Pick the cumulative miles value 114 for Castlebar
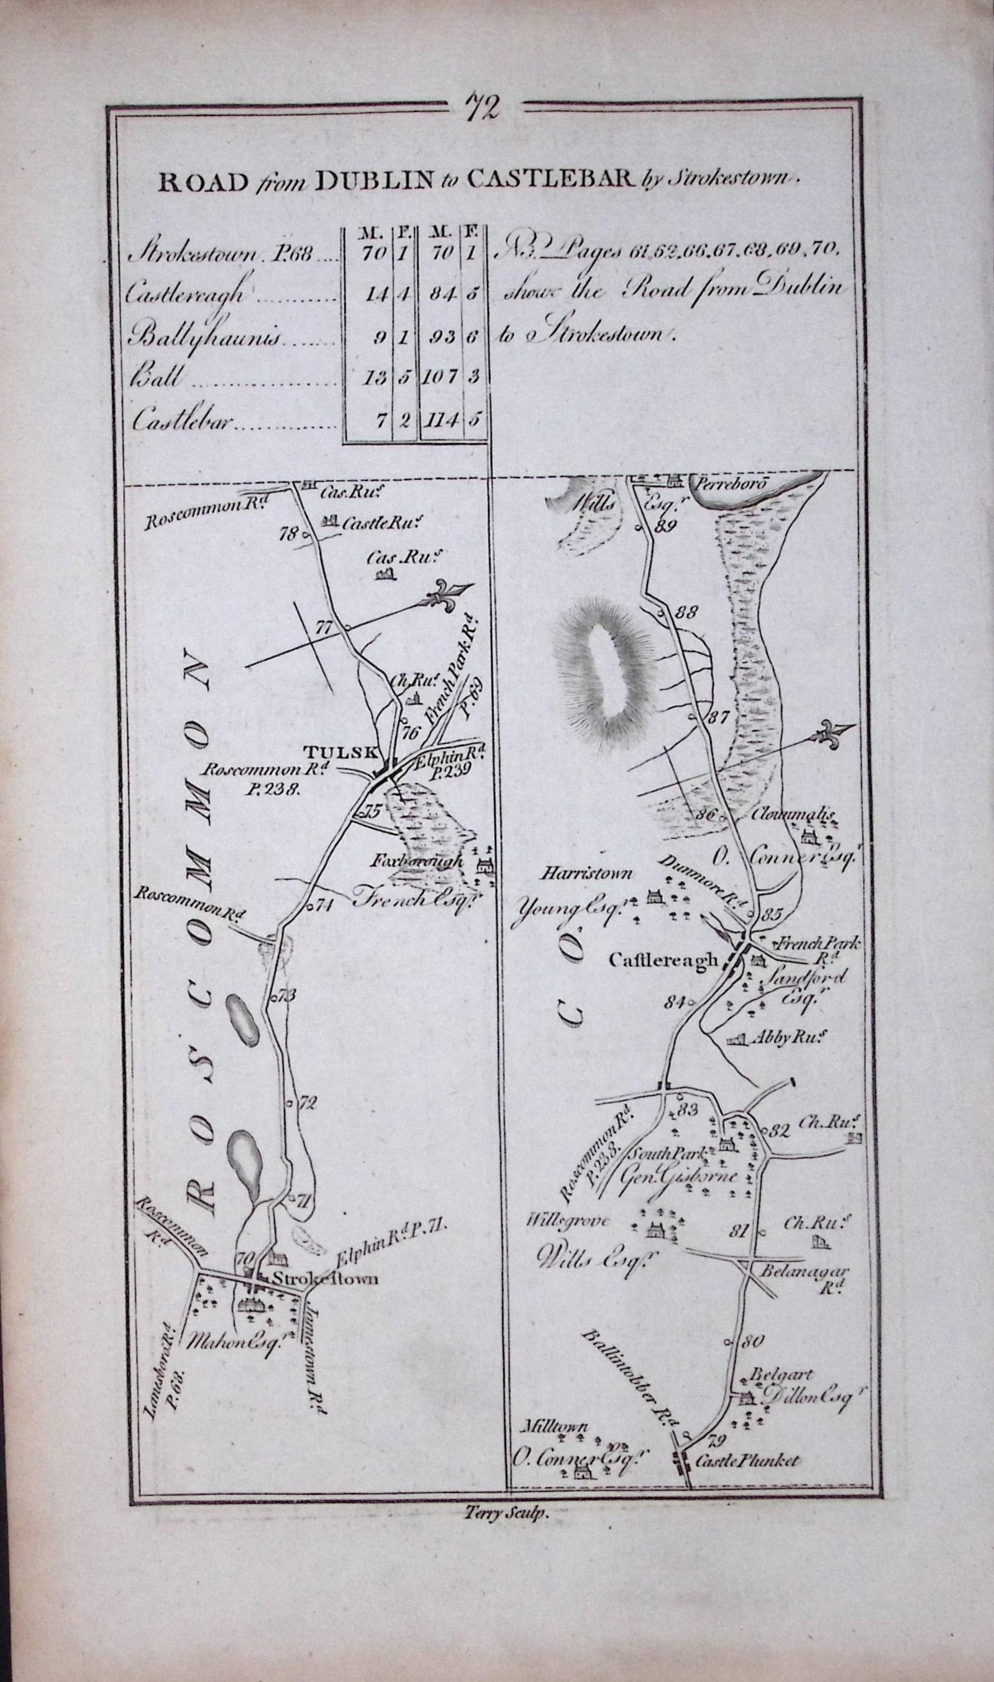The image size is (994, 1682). tap(439, 420)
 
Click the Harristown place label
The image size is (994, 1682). tap(578, 874)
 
